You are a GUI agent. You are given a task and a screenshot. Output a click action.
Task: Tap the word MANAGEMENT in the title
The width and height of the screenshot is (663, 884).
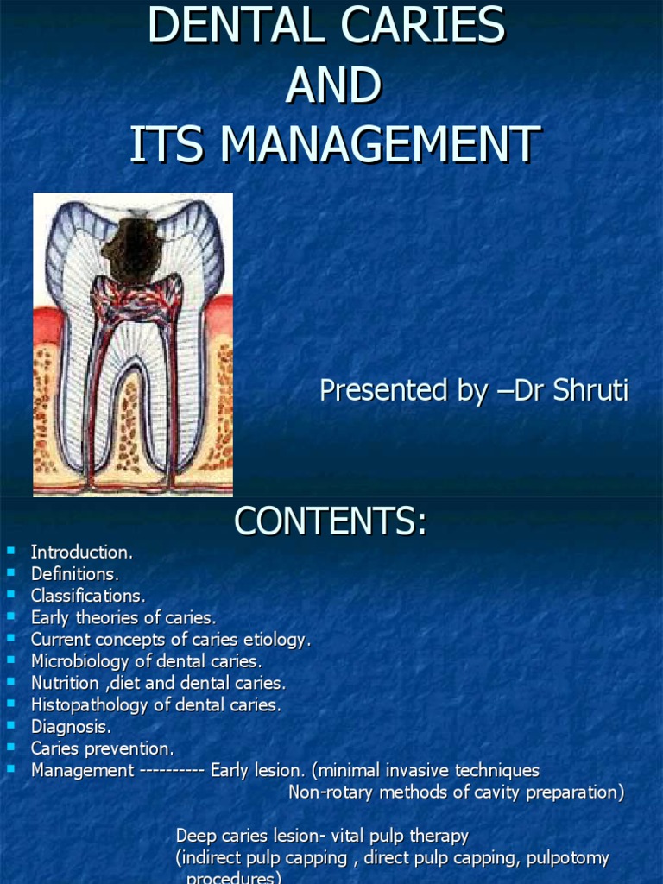[x=381, y=144]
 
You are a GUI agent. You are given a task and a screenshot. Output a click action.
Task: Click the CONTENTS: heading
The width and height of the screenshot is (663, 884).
[x=331, y=521]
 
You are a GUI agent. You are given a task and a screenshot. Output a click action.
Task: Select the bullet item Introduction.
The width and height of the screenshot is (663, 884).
[x=82, y=552]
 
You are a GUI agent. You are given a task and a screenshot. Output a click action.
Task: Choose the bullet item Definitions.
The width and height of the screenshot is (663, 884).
[x=75, y=573]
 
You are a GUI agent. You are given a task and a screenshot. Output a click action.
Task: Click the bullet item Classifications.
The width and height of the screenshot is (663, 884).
[x=88, y=596]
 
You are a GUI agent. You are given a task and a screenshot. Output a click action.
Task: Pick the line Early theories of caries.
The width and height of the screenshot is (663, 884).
[x=123, y=617]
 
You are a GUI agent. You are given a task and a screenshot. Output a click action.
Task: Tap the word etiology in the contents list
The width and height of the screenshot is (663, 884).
[x=277, y=640]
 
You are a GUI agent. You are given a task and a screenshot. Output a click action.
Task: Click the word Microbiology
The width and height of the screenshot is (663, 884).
[x=77, y=661]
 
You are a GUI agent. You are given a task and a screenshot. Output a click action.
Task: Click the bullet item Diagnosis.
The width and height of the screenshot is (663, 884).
[x=71, y=727]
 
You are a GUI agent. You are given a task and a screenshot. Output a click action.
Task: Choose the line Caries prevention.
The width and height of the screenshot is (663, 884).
[x=103, y=748]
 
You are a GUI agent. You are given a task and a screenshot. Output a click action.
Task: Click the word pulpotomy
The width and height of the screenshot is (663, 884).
[x=565, y=858]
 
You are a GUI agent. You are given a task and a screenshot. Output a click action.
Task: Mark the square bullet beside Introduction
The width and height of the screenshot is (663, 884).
[x=10, y=550]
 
